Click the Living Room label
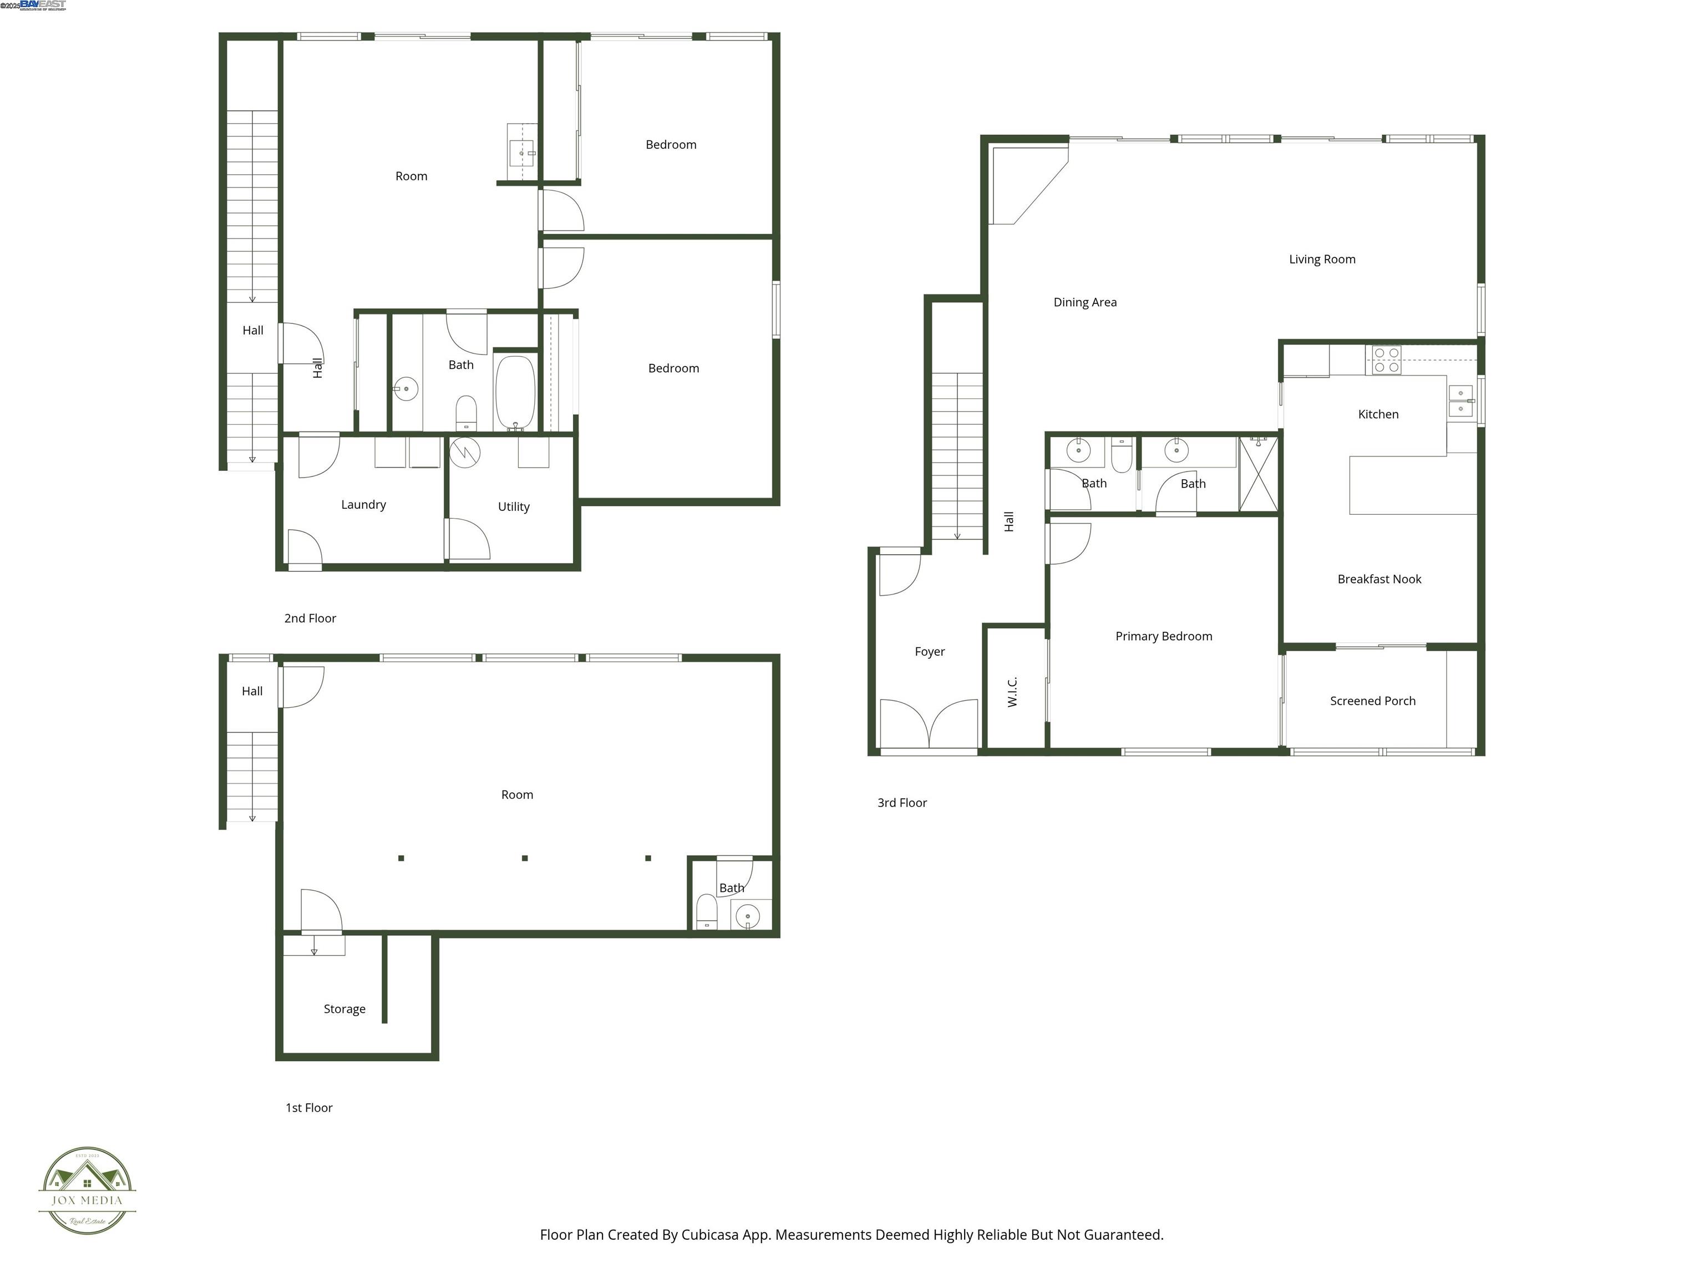[1322, 260]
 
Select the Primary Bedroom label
[1163, 636]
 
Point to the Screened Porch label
[1372, 701]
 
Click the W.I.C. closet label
[1012, 692]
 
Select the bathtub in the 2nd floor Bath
[515, 393]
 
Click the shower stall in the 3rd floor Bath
[1258, 474]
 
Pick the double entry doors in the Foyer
[929, 724]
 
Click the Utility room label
[513, 507]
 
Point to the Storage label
[344, 1009]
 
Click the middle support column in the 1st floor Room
[525, 858]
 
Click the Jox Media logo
[87, 1190]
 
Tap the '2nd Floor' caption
[310, 618]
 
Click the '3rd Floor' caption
[901, 803]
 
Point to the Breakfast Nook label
[1379, 579]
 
